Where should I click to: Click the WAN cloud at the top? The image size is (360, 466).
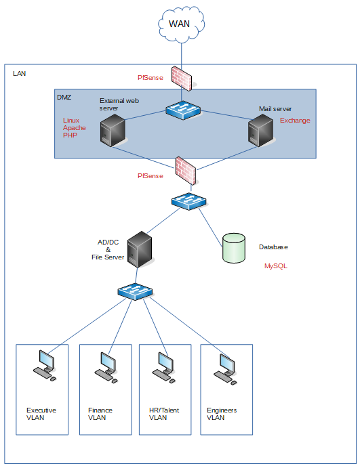tap(181, 24)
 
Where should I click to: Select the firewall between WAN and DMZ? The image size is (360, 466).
tap(182, 78)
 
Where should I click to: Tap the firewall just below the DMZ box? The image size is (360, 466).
tap(186, 171)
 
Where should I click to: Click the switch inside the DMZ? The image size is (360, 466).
tap(183, 110)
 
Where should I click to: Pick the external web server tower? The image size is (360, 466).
tap(112, 131)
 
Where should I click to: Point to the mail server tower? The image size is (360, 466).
tap(260, 131)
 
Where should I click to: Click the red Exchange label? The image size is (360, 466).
tap(295, 121)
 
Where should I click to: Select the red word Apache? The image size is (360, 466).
tap(75, 128)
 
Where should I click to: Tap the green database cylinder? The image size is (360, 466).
tap(234, 248)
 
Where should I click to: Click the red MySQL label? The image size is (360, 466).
tap(276, 266)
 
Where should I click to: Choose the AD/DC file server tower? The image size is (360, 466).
tap(140, 249)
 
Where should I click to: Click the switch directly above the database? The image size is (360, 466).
tap(189, 201)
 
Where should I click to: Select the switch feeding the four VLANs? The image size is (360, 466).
tap(135, 291)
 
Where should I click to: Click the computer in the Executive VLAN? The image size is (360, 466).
tap(44, 366)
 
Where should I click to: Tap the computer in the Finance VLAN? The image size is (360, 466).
tap(106, 367)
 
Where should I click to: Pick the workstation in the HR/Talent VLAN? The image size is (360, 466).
tap(163, 367)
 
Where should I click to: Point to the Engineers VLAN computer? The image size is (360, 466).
tap(225, 369)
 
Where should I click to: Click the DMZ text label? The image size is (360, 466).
tap(64, 97)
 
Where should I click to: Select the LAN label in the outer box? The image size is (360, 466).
tap(20, 73)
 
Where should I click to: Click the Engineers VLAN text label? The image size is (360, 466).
tap(222, 414)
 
